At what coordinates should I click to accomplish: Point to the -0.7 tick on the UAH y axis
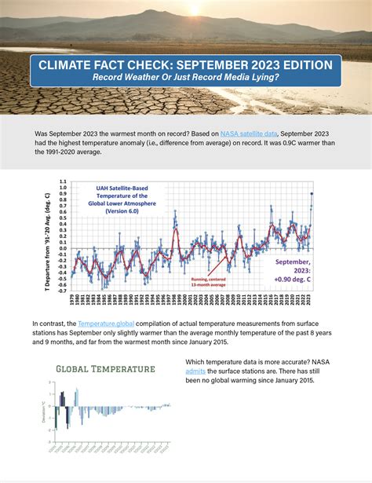pos(63,290)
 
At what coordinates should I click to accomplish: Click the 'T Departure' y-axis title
pos(49,240)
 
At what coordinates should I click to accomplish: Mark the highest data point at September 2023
pos(312,194)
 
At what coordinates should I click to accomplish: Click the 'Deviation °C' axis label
pos(42,408)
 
